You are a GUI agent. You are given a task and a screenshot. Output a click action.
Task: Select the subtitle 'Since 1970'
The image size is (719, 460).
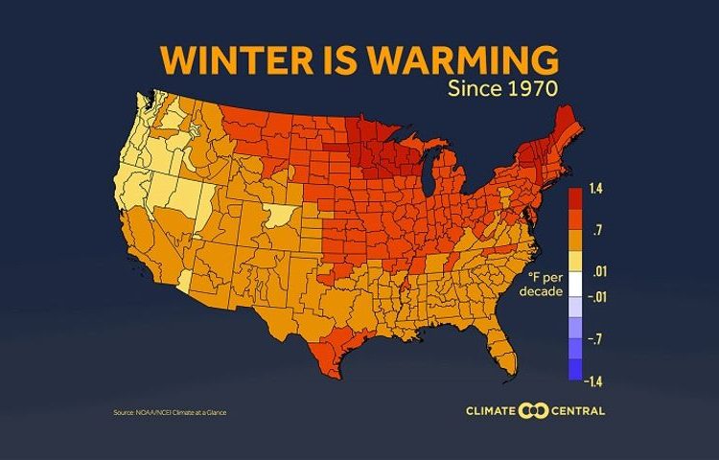point(503,91)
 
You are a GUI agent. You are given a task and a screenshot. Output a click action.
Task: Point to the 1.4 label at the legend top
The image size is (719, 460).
point(595,191)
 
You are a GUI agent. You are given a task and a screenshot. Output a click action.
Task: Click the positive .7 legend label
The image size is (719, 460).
point(596,231)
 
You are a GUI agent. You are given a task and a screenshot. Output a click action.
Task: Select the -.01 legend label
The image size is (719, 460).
point(596,298)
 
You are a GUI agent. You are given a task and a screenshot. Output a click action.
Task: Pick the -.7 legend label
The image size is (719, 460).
point(596,339)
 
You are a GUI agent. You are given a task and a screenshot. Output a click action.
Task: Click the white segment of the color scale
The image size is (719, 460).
point(574,285)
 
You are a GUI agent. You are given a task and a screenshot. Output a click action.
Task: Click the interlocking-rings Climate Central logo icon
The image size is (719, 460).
point(532,412)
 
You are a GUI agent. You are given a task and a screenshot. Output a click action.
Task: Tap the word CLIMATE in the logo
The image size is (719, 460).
point(490,412)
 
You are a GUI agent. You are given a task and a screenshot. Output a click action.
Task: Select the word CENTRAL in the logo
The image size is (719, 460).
point(577,412)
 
